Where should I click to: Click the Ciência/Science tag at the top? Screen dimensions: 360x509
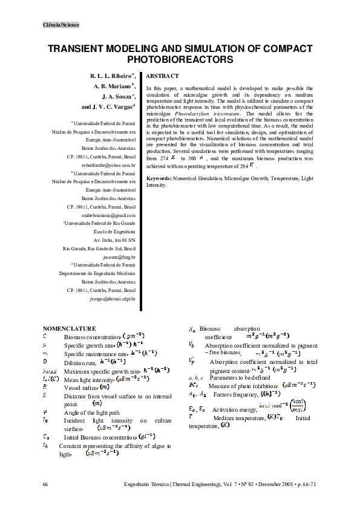click(61, 25)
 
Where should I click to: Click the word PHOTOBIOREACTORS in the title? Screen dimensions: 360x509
click(180, 60)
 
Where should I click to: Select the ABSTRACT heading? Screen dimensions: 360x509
click(162, 76)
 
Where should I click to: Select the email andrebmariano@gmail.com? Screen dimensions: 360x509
click(108, 215)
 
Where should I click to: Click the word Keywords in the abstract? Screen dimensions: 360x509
click(159, 179)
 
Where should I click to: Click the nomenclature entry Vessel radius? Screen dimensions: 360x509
click(80, 386)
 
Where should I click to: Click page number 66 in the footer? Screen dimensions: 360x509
click(46, 485)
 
